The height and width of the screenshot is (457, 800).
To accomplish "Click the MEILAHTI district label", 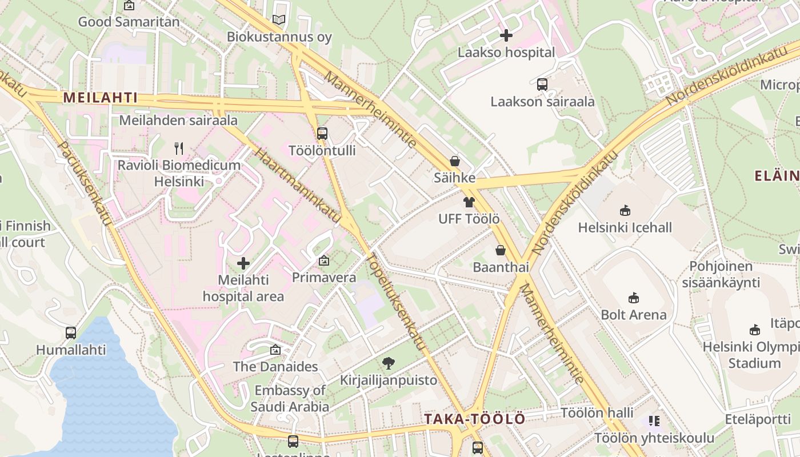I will pos(100,98).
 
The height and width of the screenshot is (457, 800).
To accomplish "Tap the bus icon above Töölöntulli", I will pos(322,134).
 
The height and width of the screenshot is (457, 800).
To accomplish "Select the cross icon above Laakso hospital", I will pos(506,35).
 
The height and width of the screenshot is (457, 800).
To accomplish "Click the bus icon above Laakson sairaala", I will pos(542,85).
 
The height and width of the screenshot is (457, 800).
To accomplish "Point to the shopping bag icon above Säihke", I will pos(455,161).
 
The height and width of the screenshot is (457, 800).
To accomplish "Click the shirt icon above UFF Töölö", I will pos(469,202).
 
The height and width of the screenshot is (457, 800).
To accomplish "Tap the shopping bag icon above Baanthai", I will pos(501,250).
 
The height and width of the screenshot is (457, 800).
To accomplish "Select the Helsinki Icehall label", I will pos(625,227).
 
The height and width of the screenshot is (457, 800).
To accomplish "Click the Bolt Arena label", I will pos(633,315).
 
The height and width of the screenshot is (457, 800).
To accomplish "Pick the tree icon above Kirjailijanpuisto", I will pos(389,363).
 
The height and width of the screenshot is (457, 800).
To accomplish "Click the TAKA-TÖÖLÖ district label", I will pos(474,419).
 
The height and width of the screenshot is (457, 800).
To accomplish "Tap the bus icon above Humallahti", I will pos(71,332).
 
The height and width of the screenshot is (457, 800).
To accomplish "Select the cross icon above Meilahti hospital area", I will pos(243,263).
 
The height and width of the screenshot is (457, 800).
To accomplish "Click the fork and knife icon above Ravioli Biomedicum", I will pos(179,149).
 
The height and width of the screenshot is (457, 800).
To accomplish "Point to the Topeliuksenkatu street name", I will pos(398,300).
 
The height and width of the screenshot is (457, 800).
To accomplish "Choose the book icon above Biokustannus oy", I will pos(279,20).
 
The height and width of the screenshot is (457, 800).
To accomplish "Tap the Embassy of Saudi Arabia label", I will pos(290,399).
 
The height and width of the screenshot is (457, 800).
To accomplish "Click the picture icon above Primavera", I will pos(324,260).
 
